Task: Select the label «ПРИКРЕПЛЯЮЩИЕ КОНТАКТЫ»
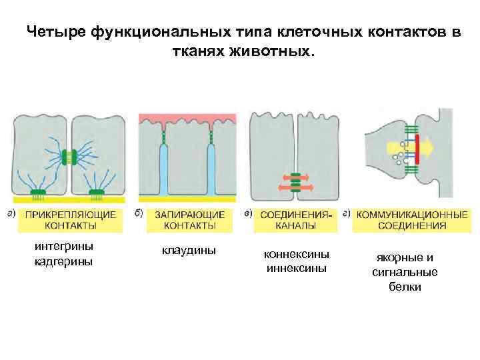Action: point(71,220)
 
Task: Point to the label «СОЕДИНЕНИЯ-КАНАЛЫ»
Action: point(295,220)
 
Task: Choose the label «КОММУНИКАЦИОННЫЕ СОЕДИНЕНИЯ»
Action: point(412,220)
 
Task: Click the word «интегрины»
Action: point(64,246)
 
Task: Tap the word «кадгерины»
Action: point(64,261)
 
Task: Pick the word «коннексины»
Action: point(296,255)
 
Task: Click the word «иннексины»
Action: point(296,269)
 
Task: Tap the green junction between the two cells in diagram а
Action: point(69,157)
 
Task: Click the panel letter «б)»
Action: point(139,214)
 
